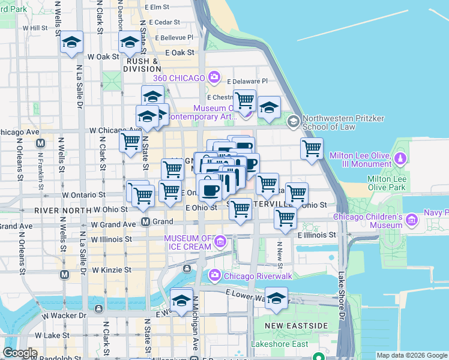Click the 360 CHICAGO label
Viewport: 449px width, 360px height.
pyautogui.click(x=180, y=78)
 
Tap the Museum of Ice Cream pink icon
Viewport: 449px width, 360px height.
pyautogui.click(x=220, y=242)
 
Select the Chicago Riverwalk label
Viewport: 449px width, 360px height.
pyautogui.click(x=249, y=276)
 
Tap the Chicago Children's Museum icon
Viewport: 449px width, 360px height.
pyautogui.click(x=412, y=220)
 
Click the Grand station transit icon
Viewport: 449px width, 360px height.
pyautogui.click(x=145, y=222)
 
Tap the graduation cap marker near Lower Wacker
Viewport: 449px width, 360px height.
pyautogui.click(x=276, y=298)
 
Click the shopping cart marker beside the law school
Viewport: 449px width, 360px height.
pyautogui.click(x=312, y=148)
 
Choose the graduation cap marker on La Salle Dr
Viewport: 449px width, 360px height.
pyautogui.click(x=71, y=43)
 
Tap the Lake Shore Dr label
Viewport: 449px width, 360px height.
pyautogui.click(x=342, y=294)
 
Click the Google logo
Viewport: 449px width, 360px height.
pyautogui.click(x=20, y=353)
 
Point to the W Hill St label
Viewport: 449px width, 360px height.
pyautogui.click(x=35, y=28)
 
